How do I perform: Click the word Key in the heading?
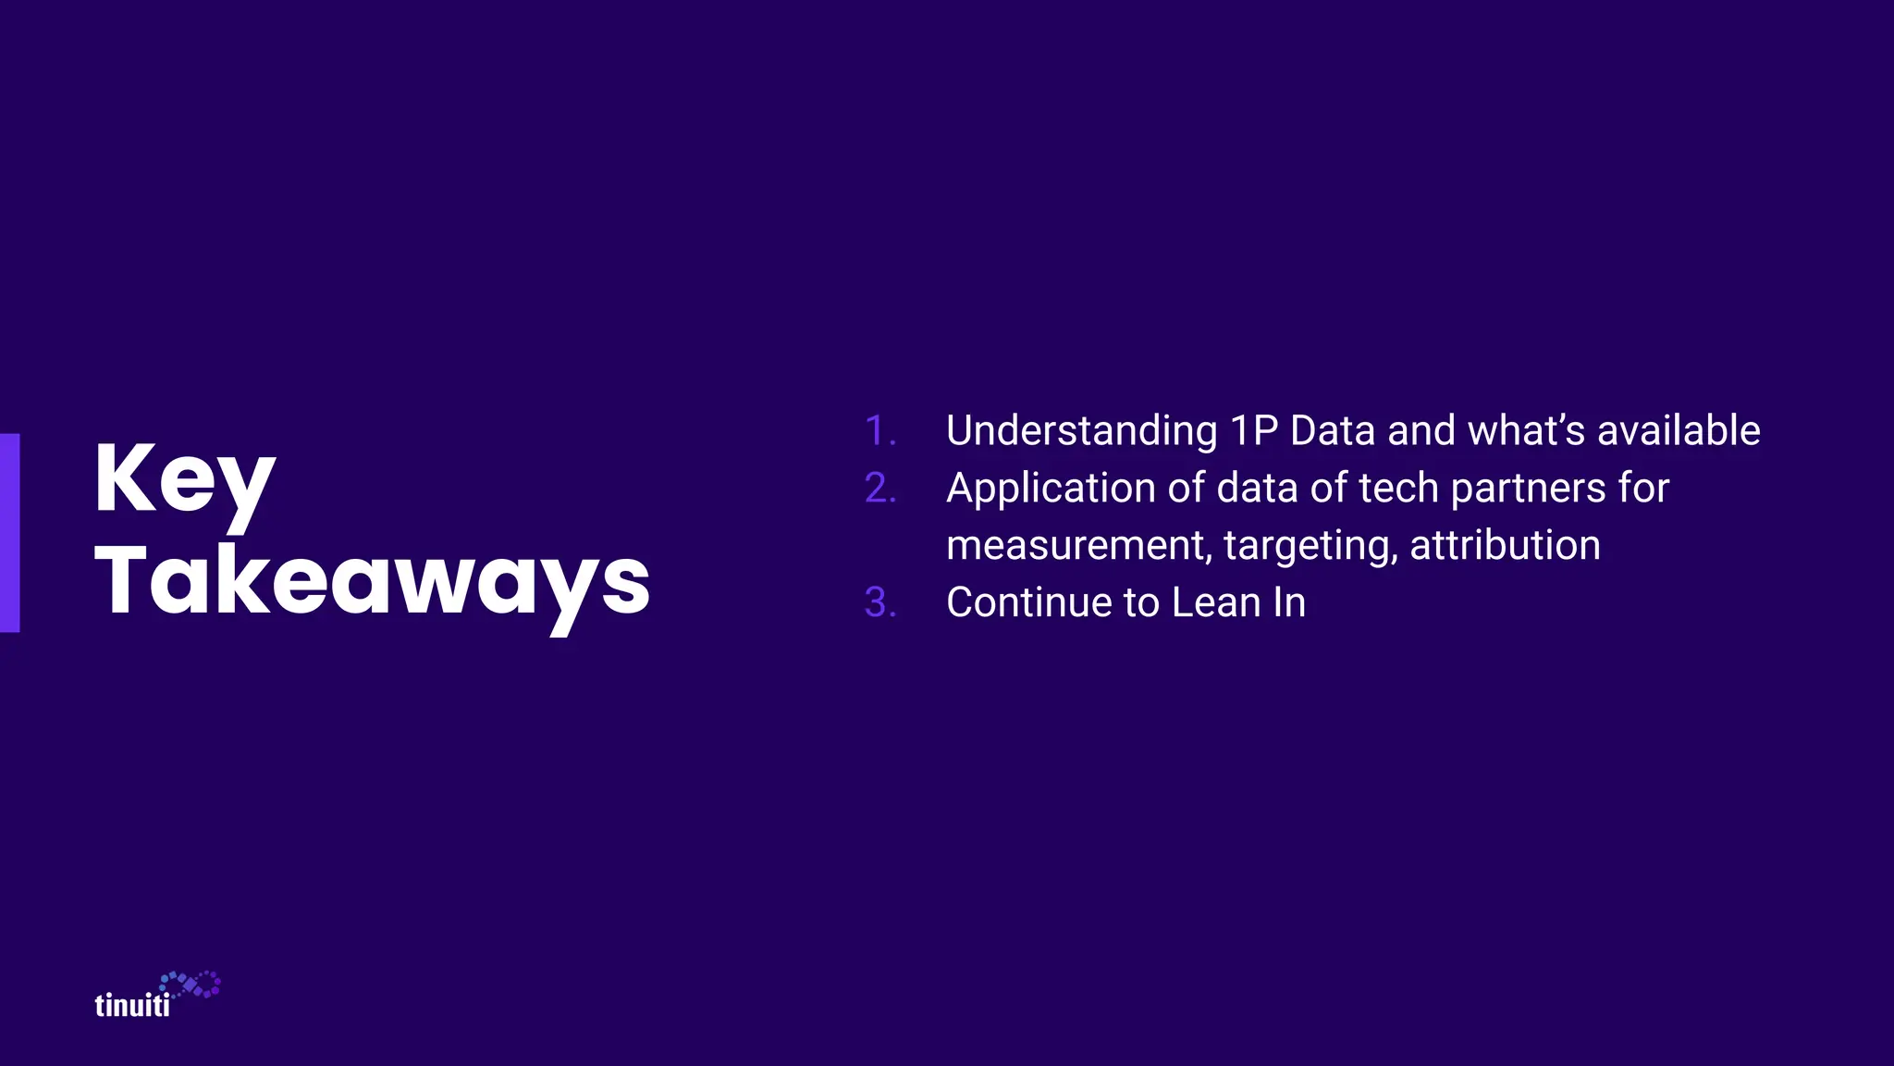click(x=185, y=479)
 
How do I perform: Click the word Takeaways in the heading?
click(x=372, y=581)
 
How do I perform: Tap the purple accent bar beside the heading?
click(x=9, y=533)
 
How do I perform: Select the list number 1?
click(x=879, y=431)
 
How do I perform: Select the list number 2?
click(x=879, y=489)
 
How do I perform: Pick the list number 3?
click(x=879, y=603)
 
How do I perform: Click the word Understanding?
click(x=1081, y=431)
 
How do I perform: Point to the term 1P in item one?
click(x=1254, y=431)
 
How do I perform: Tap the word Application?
click(x=1051, y=489)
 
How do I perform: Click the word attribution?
click(x=1505, y=546)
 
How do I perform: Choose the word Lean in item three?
click(x=1215, y=603)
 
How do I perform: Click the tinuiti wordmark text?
click(x=132, y=1006)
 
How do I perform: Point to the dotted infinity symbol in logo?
click(x=191, y=985)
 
